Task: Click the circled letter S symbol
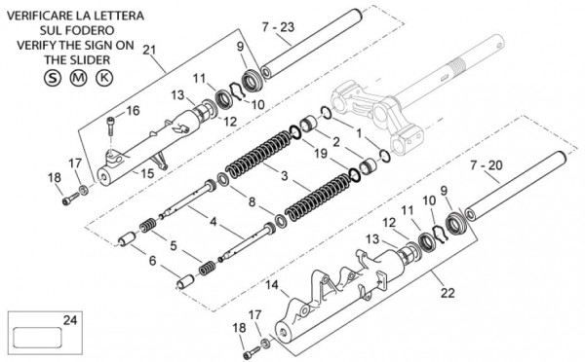pyautogui.click(x=53, y=78)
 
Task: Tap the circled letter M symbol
pyautogui.click(x=78, y=78)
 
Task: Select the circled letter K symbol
pyautogui.click(x=104, y=78)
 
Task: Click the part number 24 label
pyautogui.click(x=70, y=320)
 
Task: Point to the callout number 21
pyautogui.click(x=149, y=50)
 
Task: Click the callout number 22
pyautogui.click(x=448, y=293)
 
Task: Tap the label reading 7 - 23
pyautogui.click(x=278, y=27)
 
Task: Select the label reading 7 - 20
pyautogui.click(x=487, y=165)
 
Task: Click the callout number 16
pyautogui.click(x=133, y=111)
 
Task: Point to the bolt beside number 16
pyautogui.click(x=111, y=126)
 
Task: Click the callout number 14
pyautogui.click(x=272, y=285)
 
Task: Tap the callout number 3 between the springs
pyautogui.click(x=285, y=175)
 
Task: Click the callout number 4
pyautogui.click(x=213, y=222)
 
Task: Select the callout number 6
pyautogui.click(x=152, y=261)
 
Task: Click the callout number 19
pyautogui.click(x=321, y=153)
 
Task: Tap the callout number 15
pyautogui.click(x=147, y=173)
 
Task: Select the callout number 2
pyautogui.click(x=336, y=141)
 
